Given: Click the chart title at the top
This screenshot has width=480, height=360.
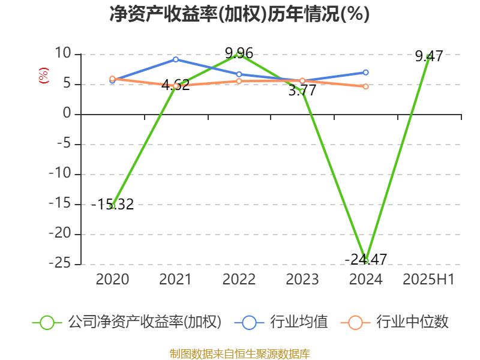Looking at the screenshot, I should pyautogui.click(x=239, y=14).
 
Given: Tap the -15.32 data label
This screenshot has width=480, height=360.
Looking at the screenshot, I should pyautogui.click(x=113, y=205).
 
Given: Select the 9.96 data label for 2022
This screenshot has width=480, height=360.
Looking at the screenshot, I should pyautogui.click(x=239, y=53).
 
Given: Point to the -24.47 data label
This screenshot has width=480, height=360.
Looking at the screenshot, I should pyautogui.click(x=366, y=259).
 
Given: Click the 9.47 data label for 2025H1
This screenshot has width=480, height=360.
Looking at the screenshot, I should pyautogui.click(x=429, y=56).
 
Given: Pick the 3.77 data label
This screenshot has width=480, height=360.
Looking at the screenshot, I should pyautogui.click(x=302, y=91).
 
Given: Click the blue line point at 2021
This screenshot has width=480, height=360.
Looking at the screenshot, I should pyautogui.click(x=176, y=59).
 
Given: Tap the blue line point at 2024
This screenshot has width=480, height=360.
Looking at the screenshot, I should pyautogui.click(x=366, y=73).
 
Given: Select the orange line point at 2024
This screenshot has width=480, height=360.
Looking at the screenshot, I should pyautogui.click(x=366, y=86).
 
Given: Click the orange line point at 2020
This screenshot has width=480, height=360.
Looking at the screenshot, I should pyautogui.click(x=112, y=79).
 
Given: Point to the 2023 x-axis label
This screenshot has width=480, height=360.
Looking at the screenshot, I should pyautogui.click(x=302, y=280).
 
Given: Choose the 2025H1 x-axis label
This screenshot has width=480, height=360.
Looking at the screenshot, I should pyautogui.click(x=429, y=280).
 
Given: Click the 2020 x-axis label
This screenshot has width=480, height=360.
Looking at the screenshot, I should pyautogui.click(x=112, y=280).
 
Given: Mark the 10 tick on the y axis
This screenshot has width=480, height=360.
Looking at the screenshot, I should pyautogui.click(x=63, y=55).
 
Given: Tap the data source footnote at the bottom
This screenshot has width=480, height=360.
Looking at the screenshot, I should pyautogui.click(x=239, y=353).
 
